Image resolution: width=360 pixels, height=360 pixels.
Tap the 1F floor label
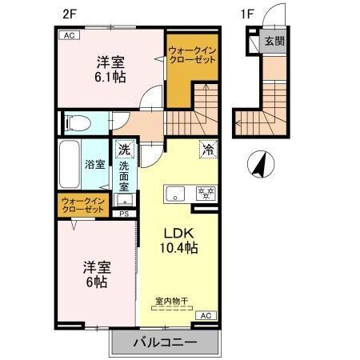tap(249, 14)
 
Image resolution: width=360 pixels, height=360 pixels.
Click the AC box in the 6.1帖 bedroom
tap(68, 35)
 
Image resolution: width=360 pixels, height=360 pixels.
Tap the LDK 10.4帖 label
tap(182, 240)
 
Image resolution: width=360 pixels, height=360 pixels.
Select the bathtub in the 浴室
tap(69, 164)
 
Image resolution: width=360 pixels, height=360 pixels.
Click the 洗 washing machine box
tap(124, 149)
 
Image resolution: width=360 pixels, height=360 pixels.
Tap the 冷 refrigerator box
tap(207, 149)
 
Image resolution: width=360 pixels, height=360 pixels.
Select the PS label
tap(124, 214)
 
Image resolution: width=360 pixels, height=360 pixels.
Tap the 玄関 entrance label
tap(274, 41)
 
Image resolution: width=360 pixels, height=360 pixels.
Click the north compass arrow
tap(259, 166)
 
